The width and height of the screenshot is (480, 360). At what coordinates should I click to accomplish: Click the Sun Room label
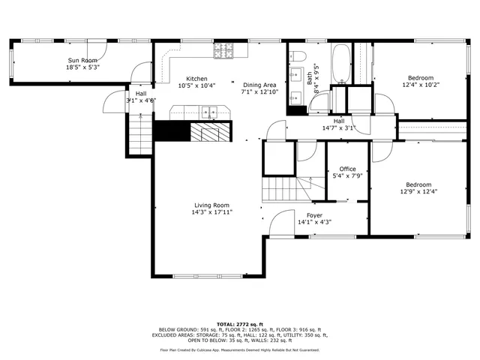tap(83, 59)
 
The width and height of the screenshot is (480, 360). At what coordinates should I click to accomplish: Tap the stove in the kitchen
tap(223, 51)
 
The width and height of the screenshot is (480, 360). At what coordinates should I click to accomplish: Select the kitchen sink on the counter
tap(208, 113)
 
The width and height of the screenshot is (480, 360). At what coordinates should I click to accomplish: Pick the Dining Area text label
tap(259, 85)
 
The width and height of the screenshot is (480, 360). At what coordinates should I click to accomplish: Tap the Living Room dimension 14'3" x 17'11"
tap(211, 212)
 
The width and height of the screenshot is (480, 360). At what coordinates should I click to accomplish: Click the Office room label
tap(347, 169)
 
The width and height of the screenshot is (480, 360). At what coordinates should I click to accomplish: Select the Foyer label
tap(314, 215)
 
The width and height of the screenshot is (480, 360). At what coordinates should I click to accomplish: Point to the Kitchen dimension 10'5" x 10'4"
tap(196, 85)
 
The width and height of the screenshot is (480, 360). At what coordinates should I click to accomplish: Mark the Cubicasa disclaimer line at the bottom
tap(240, 349)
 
